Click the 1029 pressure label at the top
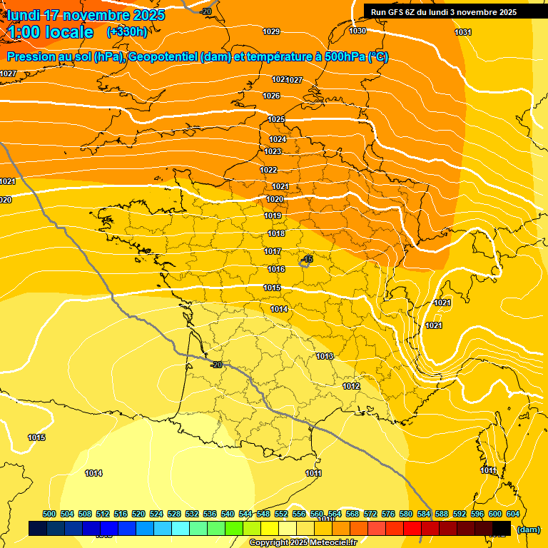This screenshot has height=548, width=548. coord(271,31)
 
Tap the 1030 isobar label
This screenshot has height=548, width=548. coord(357,31)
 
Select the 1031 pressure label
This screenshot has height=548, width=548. coord(463,32)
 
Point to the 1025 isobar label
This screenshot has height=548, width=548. coord(276,119)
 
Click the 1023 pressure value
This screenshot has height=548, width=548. coord(273,152)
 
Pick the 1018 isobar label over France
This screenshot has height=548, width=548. coord(276,234)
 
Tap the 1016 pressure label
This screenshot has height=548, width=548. coord(276,269)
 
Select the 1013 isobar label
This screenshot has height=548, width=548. coord(325,356)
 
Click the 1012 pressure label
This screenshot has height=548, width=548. coord(350,386)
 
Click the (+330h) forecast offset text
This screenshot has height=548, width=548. coord(127,31)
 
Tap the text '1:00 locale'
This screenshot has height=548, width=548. coord(51,32)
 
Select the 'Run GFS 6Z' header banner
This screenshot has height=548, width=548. coord(444,11)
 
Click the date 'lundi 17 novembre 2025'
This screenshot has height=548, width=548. coord(86,15)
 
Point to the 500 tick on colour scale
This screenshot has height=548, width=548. coord(49,514)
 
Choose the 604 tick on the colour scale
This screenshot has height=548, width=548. coord(512,514)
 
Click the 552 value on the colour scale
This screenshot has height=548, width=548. coord(281,514)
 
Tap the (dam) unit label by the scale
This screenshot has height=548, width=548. coord(528,529)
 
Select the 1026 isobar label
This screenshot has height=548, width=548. coord(271,96)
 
